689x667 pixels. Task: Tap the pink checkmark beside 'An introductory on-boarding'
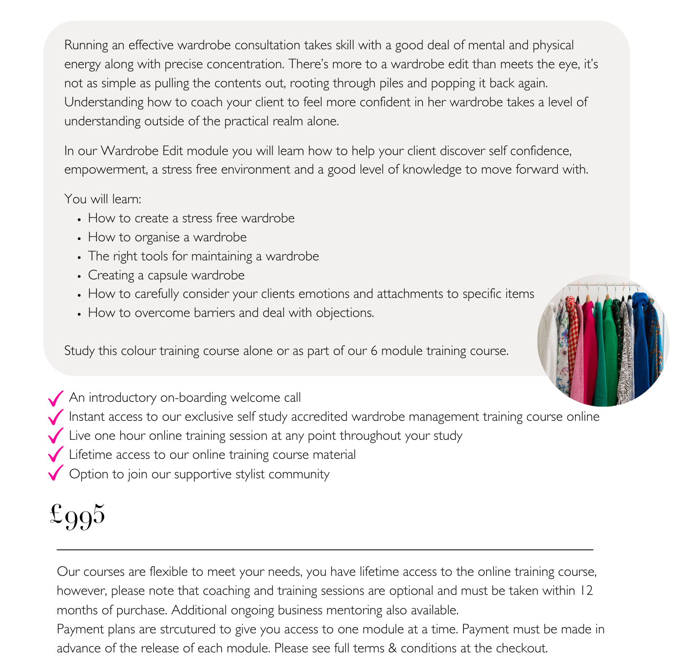pyautogui.click(x=56, y=398)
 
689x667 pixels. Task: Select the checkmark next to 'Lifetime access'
pyautogui.click(x=56, y=455)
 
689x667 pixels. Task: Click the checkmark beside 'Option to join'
pyautogui.click(x=56, y=473)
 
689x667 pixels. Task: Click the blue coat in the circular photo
pyautogui.click(x=642, y=341)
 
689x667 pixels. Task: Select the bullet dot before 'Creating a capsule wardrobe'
pyautogui.click(x=79, y=276)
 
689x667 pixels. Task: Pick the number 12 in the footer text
pyautogui.click(x=586, y=591)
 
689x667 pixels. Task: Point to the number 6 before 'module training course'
pyautogui.click(x=374, y=351)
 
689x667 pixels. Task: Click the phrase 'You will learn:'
pyautogui.click(x=102, y=199)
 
